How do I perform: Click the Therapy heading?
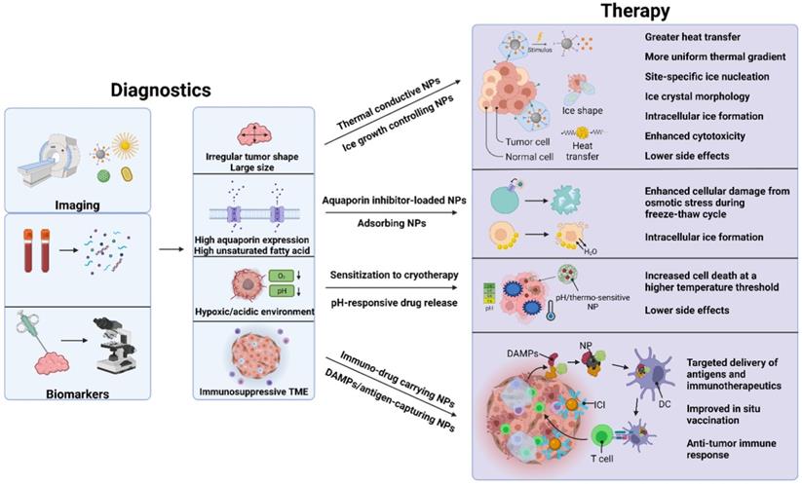tap(635, 12)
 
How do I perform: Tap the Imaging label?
tap(77, 205)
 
